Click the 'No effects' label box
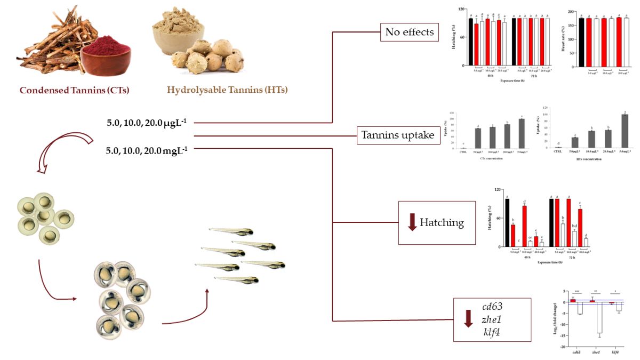(410, 33)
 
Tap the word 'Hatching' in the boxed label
(442, 222)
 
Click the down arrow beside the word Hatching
(412, 222)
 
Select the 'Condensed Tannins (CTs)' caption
(75, 90)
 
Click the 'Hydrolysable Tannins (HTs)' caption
(227, 90)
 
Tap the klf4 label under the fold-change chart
(615, 353)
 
